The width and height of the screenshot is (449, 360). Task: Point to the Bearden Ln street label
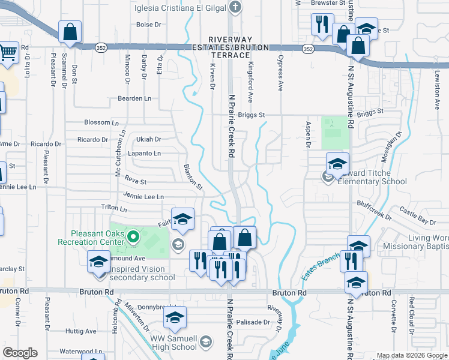pyautogui.click(x=134, y=98)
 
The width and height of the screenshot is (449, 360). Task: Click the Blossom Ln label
pyautogui.click(x=101, y=122)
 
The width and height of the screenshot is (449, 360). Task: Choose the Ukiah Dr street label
pyautogui.click(x=149, y=139)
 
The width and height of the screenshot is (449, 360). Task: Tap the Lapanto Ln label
pyautogui.click(x=145, y=154)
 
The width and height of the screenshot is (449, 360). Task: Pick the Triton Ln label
pyautogui.click(x=114, y=209)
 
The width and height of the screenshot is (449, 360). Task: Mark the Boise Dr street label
pyautogui.click(x=149, y=25)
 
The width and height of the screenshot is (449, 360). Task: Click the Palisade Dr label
pyautogui.click(x=253, y=322)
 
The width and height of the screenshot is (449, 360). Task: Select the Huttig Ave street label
pyautogui.click(x=81, y=331)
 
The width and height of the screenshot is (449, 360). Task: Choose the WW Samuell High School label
pyautogui.click(x=173, y=343)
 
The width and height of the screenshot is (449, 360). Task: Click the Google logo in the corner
pyautogui.click(x=20, y=353)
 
